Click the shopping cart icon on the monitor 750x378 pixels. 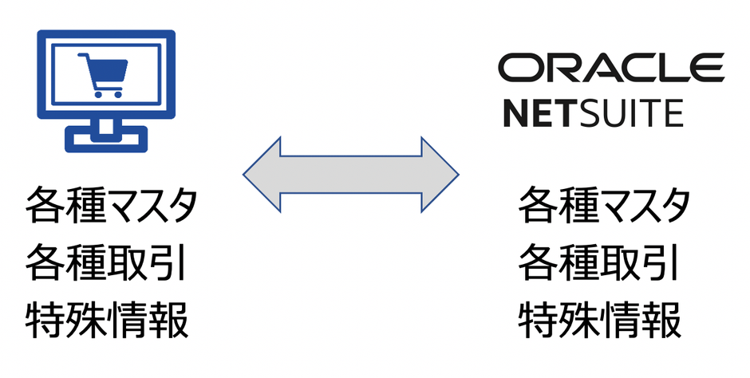point(105,74)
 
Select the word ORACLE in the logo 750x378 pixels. point(611,68)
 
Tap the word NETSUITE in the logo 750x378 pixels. point(593,114)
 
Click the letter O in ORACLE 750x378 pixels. point(517,68)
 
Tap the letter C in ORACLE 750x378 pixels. point(630,68)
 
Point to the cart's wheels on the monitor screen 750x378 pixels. point(107,93)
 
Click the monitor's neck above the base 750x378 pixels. point(105,125)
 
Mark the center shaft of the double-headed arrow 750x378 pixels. point(351,174)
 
